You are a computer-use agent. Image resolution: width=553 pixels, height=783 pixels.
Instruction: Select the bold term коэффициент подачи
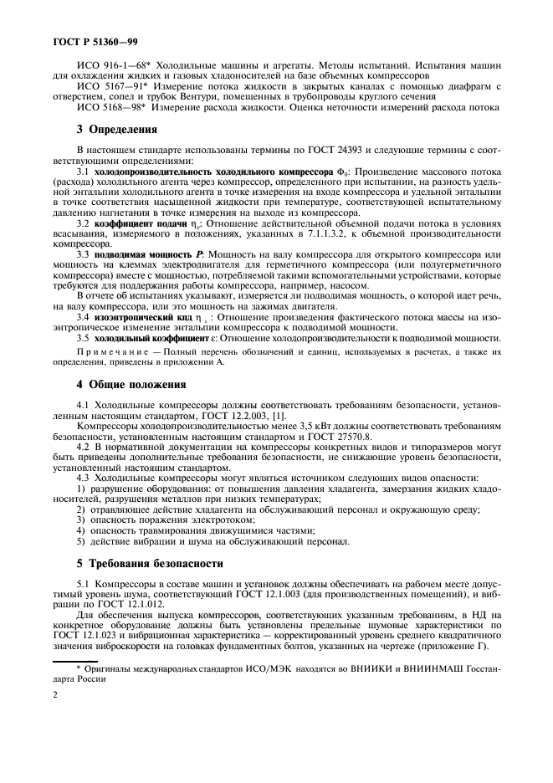pyautogui.click(x=142, y=225)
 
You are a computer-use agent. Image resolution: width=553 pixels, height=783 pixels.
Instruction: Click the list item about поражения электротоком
pyautogui.click(x=166, y=519)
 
